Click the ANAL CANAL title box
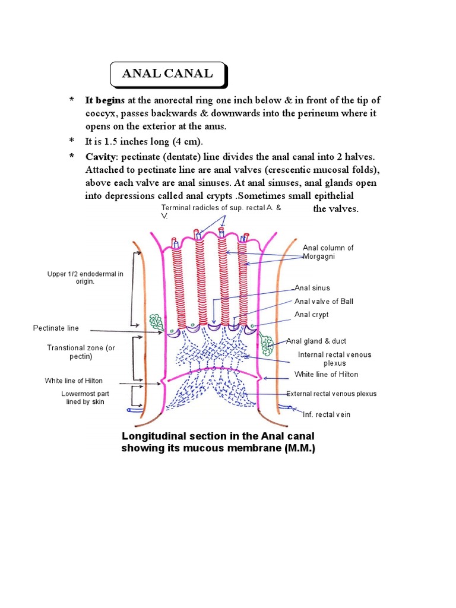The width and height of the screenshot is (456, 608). click(167, 74)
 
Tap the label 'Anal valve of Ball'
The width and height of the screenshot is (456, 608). click(324, 302)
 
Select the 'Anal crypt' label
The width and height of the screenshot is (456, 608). click(311, 315)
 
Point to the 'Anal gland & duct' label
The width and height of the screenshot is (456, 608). click(316, 341)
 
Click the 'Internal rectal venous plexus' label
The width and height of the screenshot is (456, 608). click(334, 359)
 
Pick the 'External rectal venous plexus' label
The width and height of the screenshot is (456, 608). click(331, 394)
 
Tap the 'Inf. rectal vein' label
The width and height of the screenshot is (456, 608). click(327, 414)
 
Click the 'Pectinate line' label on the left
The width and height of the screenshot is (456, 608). click(56, 328)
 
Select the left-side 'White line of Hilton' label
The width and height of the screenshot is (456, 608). click(72, 381)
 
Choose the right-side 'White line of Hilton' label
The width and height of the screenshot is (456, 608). click(326, 375)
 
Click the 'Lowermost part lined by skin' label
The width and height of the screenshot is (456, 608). click(85, 398)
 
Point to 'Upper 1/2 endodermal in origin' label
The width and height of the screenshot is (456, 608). click(85, 278)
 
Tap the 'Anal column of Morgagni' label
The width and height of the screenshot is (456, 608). click(328, 251)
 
